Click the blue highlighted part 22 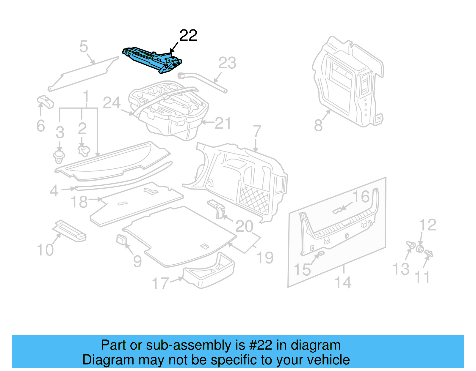(x=152, y=59)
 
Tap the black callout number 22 (x=188, y=36)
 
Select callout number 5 (x=84, y=47)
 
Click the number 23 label (x=227, y=63)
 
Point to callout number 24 (x=112, y=103)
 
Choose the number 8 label (x=318, y=125)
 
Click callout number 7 (x=257, y=132)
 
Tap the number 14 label (x=343, y=282)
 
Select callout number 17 (x=160, y=283)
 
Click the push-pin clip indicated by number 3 (x=59, y=157)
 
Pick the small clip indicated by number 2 (x=84, y=150)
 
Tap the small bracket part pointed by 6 (x=45, y=102)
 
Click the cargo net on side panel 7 (x=254, y=198)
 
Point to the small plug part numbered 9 (x=121, y=239)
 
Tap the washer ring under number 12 (x=420, y=248)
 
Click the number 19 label (x=265, y=257)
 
